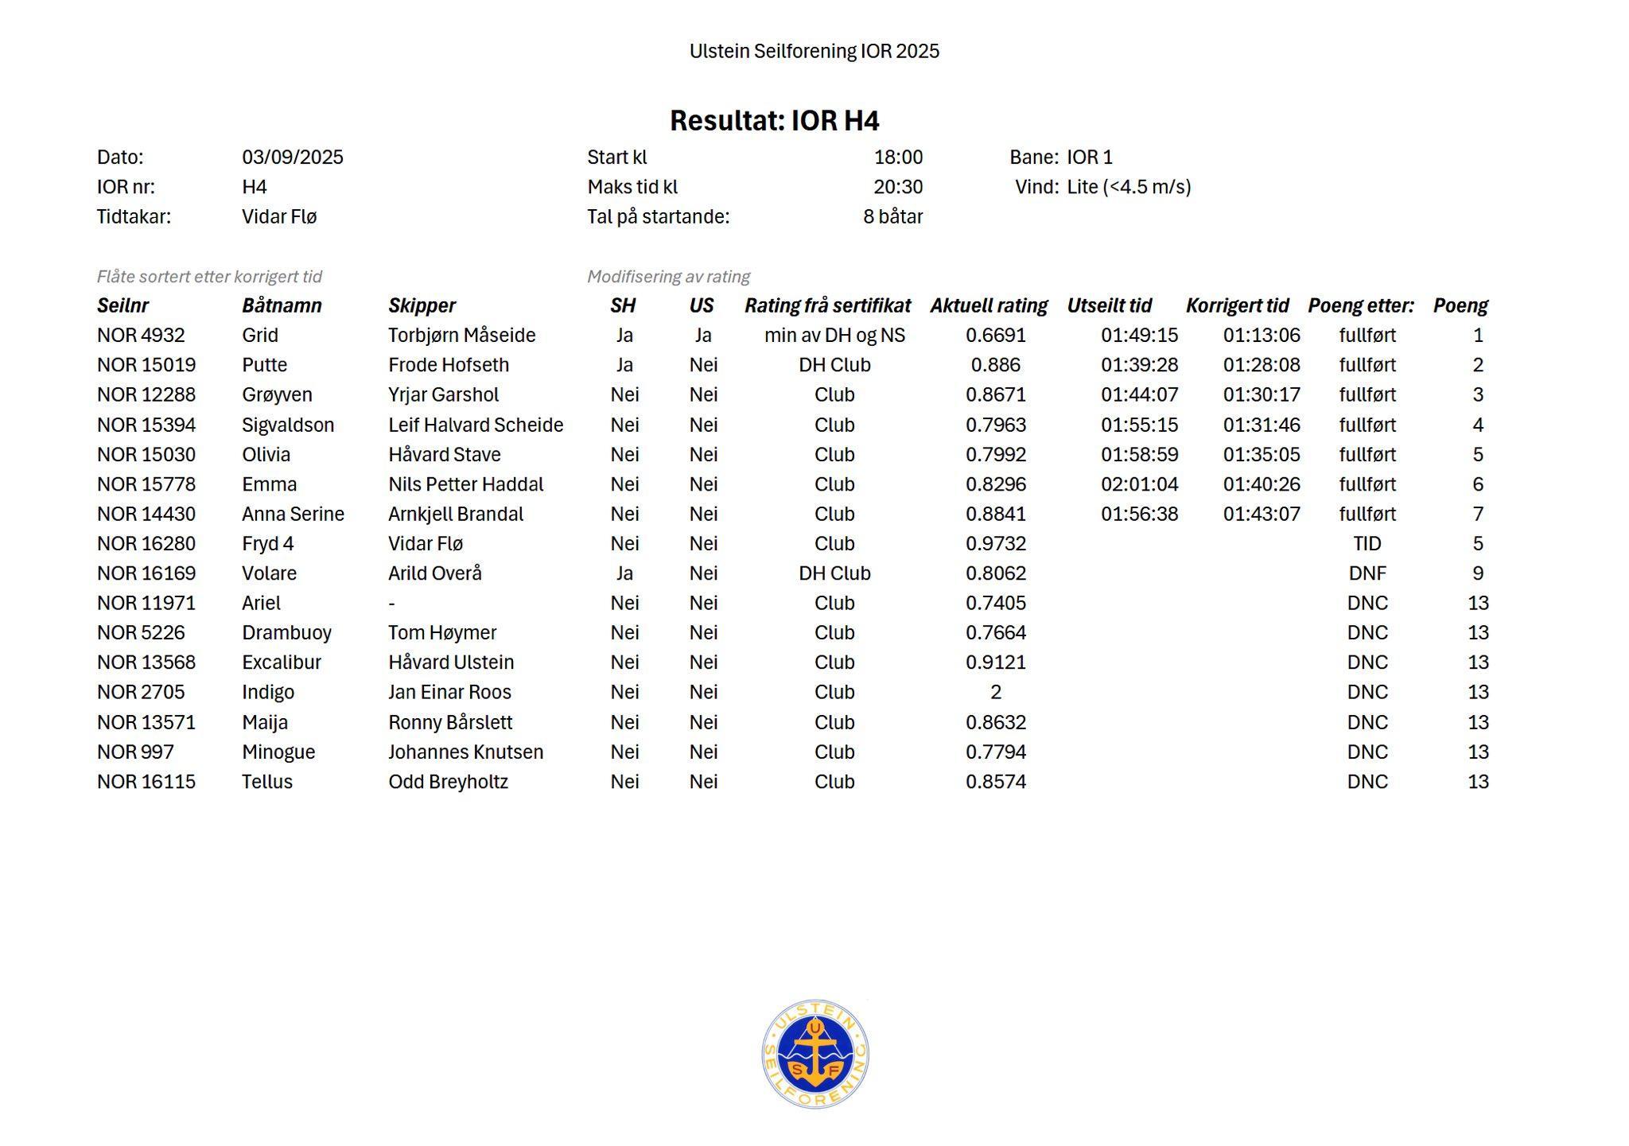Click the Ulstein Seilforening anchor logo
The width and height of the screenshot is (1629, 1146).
click(x=814, y=1054)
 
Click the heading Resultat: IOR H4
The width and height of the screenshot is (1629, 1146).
click(x=774, y=121)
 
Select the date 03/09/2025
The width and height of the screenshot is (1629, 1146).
click(x=292, y=157)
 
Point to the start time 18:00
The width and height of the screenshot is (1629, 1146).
click(x=898, y=157)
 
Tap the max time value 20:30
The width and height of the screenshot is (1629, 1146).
click(x=898, y=188)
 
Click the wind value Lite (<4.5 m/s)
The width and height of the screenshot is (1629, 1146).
click(x=1129, y=188)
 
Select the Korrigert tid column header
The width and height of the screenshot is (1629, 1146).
click(x=1237, y=306)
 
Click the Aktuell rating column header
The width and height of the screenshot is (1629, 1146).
click(x=989, y=306)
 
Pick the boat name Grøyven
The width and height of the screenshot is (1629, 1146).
click(x=277, y=395)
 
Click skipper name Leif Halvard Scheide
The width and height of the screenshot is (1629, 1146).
click(x=475, y=425)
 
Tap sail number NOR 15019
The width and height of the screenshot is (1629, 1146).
click(x=146, y=365)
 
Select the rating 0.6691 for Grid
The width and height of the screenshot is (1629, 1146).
click(x=995, y=336)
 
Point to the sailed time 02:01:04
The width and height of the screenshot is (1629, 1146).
click(x=1139, y=484)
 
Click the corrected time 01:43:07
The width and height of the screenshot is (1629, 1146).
click(x=1262, y=515)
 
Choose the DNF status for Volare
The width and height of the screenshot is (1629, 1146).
click(x=1367, y=573)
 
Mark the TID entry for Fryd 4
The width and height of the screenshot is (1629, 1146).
click(x=1367, y=544)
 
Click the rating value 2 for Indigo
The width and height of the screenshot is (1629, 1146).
click(x=995, y=693)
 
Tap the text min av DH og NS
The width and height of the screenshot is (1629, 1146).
click(x=834, y=336)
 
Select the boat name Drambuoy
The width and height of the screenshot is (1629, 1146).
click(x=286, y=633)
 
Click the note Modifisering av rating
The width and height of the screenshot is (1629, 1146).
click(x=668, y=277)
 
